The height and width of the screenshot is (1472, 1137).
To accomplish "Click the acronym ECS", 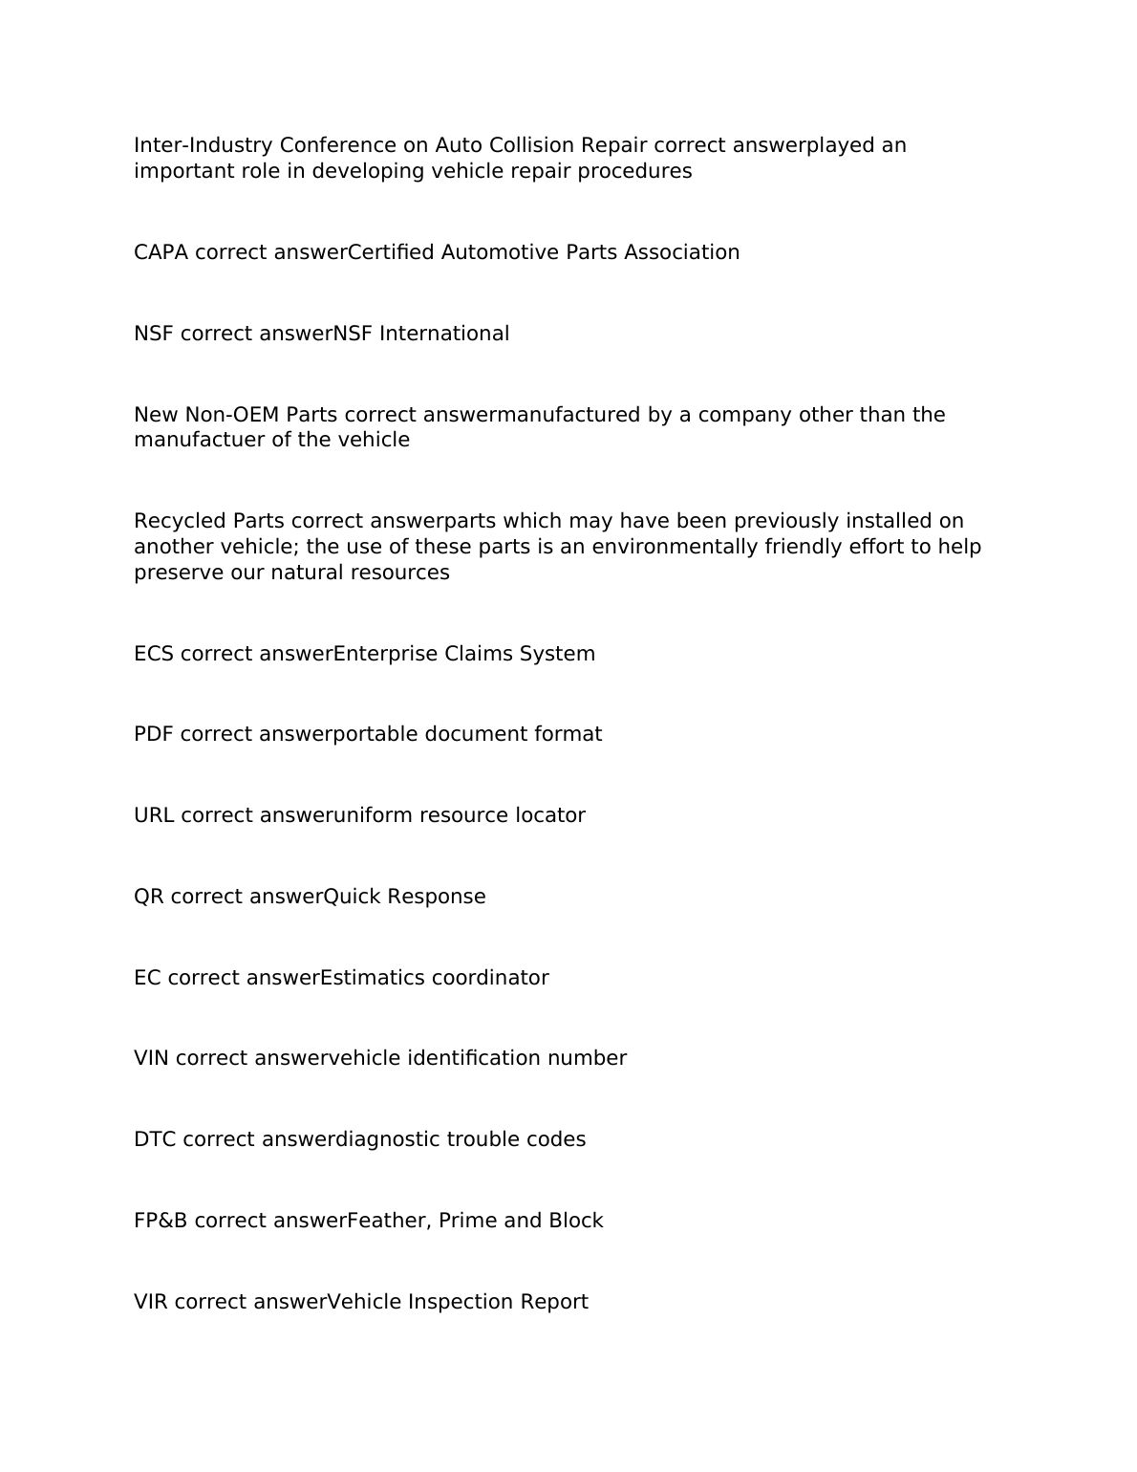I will click(153, 654).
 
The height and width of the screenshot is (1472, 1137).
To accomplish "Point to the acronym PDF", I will click(153, 734).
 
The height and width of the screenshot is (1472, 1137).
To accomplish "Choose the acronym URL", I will click(154, 815).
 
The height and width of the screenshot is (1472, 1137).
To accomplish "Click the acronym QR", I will click(148, 897).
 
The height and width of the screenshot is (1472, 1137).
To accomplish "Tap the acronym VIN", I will click(151, 1058).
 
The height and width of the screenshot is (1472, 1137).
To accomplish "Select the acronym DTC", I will click(155, 1139).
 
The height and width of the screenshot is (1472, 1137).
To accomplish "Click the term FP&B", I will click(161, 1221).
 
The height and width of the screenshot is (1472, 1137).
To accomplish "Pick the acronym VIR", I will click(151, 1302).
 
